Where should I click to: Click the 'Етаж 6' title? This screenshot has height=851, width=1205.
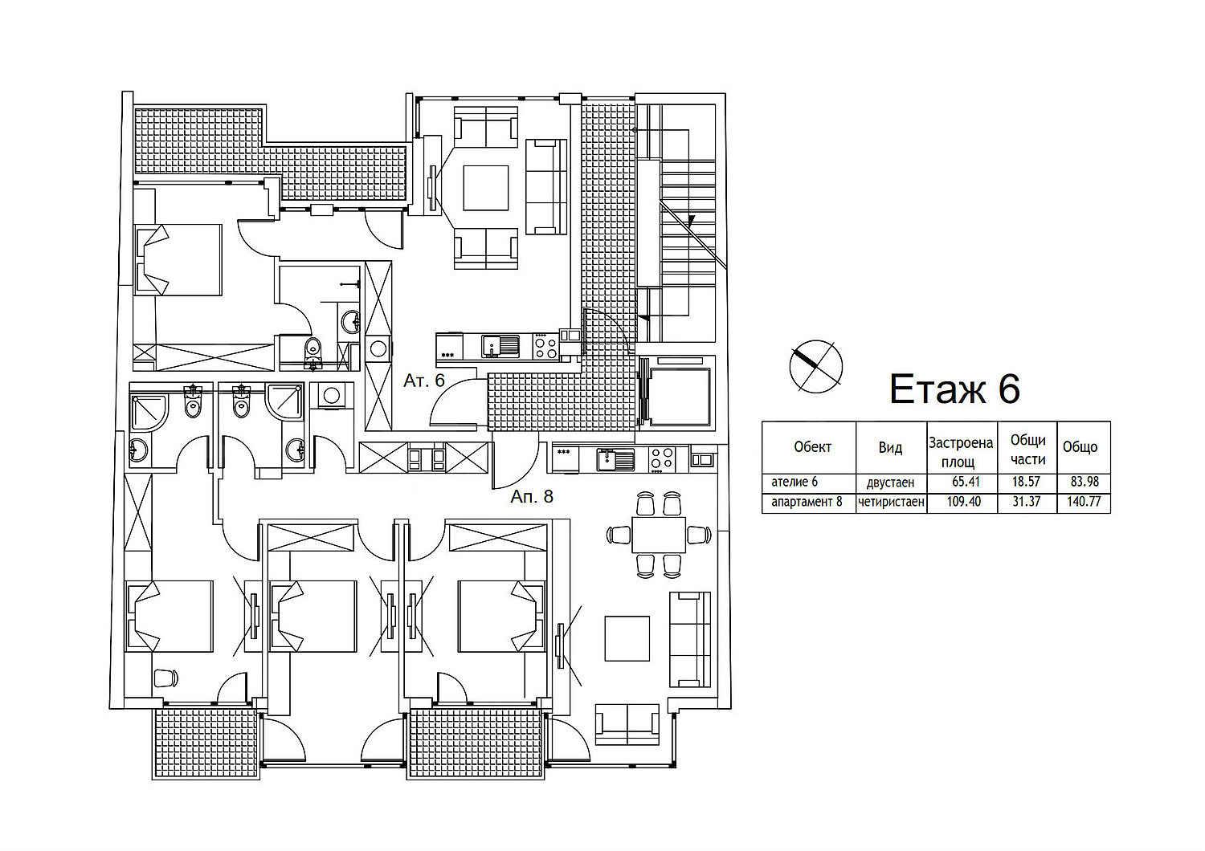coord(955,389)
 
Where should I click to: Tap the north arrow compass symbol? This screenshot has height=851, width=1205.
coord(815,367)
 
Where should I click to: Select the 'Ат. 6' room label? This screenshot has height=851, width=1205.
coord(424,381)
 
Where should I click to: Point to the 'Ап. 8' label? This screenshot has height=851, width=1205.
coord(532,496)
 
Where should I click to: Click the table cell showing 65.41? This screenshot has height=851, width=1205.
coord(966,481)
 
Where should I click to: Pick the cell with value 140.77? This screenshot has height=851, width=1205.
coord(1084,502)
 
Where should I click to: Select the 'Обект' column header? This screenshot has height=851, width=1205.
coord(812,446)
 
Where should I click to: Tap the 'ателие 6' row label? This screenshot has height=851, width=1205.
coord(794,482)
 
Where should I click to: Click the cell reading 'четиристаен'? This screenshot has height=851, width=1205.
coord(892,502)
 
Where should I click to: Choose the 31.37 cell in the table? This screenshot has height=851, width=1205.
coord(1027,502)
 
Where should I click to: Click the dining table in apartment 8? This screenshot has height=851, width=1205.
coord(659,535)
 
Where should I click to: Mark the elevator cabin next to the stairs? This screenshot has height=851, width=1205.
coord(679,397)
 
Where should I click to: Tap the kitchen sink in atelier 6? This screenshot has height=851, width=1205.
coord(500,346)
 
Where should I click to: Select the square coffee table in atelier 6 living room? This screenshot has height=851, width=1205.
coord(486,188)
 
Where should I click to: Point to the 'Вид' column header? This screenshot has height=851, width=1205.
coord(890,447)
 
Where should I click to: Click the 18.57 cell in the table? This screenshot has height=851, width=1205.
coord(1026,481)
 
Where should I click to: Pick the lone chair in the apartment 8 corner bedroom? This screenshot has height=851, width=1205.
coord(165,678)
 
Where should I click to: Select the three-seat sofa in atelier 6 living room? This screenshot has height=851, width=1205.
coord(546,186)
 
